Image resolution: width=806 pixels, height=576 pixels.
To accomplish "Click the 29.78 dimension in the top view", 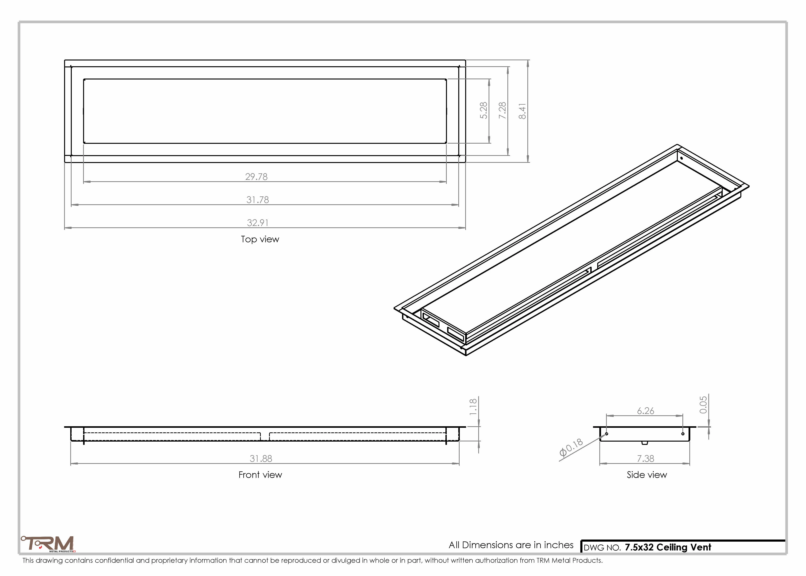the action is (x=256, y=177).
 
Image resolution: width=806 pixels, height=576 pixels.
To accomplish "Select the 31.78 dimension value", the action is (x=258, y=200).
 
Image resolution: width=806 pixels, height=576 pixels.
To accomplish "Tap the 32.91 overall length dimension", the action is (x=258, y=223).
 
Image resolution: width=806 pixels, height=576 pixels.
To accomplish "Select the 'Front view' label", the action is (x=260, y=475).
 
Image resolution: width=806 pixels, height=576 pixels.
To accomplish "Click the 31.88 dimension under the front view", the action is (x=261, y=459).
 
